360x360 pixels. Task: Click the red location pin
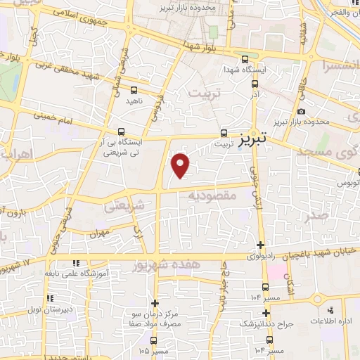pos(181,165)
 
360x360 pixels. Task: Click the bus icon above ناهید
pos(134,90)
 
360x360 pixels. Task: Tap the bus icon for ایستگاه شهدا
pos(245,60)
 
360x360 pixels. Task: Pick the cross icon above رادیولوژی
pos(261,245)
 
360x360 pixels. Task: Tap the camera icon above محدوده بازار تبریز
pos(301,111)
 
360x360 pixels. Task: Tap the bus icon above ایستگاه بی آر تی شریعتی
pos(122,131)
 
